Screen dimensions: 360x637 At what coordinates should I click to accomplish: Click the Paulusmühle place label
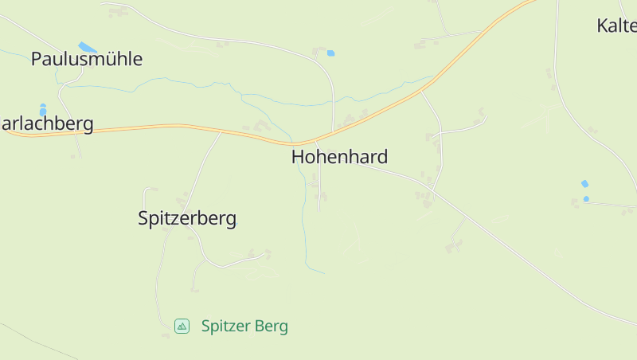tap(87, 58)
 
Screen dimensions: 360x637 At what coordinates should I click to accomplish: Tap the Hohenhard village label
tap(339, 156)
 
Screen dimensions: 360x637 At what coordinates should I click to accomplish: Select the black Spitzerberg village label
tap(187, 218)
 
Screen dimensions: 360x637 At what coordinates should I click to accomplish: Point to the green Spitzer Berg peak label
tap(244, 326)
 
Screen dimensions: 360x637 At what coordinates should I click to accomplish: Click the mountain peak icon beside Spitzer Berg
tap(182, 326)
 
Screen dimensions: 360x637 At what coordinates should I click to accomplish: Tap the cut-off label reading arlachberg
tap(47, 123)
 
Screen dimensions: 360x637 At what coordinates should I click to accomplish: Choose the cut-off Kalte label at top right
tap(616, 25)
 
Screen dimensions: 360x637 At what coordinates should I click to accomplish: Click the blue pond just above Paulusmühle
tap(87, 47)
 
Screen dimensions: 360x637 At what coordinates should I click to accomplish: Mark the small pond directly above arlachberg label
tap(43, 110)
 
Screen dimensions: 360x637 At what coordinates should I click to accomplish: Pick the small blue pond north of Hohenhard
tap(330, 53)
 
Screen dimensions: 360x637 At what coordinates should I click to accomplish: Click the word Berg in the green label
tap(272, 326)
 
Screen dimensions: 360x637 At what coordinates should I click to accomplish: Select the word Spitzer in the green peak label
tap(226, 326)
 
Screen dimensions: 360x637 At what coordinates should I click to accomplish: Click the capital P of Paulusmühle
tap(37, 58)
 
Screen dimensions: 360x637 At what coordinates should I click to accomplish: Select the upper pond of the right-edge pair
tap(585, 184)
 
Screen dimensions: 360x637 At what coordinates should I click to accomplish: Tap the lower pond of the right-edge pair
tap(586, 198)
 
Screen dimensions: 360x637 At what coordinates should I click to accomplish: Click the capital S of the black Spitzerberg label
tap(144, 218)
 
